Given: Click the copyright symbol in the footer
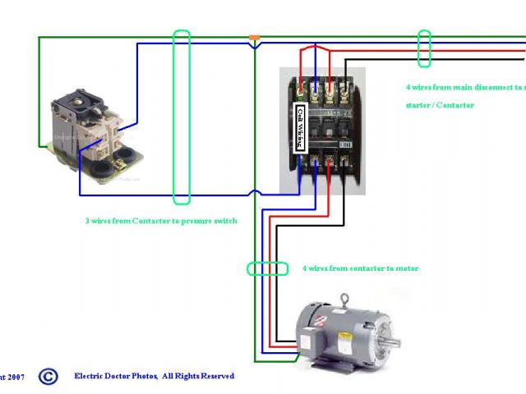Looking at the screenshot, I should pos(48,377).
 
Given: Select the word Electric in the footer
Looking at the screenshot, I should pos(90,376).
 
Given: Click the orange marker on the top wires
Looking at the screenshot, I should pos(255,38).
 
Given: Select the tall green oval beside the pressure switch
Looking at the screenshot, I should pos(182,117).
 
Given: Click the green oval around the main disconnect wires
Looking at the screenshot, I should pos(425,48).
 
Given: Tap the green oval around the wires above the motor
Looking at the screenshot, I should pos(268,268).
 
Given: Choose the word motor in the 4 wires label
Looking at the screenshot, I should pos(407,268).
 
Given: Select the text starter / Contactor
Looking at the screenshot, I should pos(440,105).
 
